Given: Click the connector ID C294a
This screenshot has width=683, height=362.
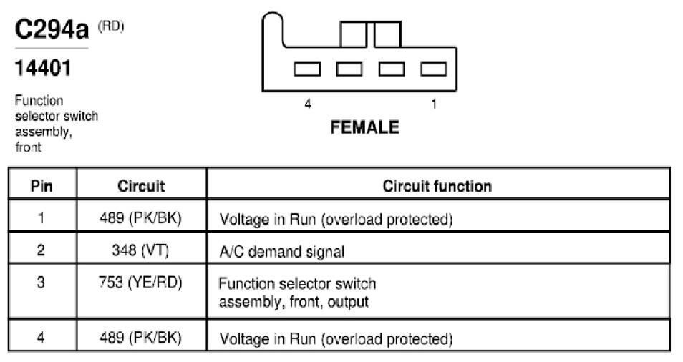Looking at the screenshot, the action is (52, 29).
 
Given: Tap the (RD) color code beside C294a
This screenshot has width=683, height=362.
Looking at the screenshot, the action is (111, 26).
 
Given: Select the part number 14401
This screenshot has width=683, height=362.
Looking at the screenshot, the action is (43, 68).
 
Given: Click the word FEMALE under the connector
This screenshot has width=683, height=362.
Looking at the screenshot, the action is (364, 127).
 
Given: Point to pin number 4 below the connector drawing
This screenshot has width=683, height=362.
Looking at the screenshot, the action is (308, 104).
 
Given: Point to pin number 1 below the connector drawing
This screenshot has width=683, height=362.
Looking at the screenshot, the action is (434, 104).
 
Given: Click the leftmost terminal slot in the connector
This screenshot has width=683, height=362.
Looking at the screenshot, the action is (307, 69).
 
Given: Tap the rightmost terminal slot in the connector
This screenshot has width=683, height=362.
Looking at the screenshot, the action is (433, 69).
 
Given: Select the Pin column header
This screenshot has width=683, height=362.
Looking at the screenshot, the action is (42, 186).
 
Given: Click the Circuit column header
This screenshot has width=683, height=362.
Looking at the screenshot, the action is (141, 186).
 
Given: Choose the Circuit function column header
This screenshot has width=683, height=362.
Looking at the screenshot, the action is (437, 186).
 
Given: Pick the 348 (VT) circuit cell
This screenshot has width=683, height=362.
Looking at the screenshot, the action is (140, 250).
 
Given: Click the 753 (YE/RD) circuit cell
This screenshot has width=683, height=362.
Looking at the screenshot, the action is (140, 283).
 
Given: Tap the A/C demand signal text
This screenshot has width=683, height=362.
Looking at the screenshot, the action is (282, 252).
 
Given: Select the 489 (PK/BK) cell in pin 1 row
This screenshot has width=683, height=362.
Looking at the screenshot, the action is (140, 217).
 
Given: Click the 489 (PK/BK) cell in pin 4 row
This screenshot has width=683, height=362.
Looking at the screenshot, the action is (140, 338).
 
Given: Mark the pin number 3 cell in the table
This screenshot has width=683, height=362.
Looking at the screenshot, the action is (41, 283).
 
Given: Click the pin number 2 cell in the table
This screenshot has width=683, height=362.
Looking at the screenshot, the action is (41, 250).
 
